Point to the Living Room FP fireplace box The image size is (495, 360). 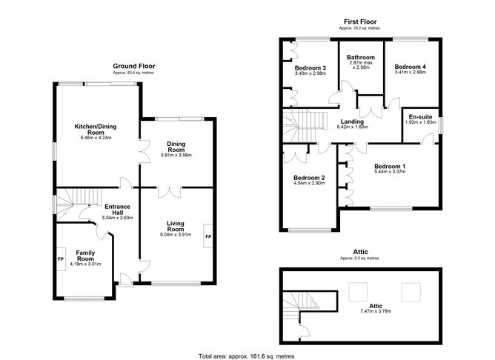tap(208, 236)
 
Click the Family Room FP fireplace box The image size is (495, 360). tap(60, 259)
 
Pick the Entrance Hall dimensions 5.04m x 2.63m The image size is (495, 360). tap(119, 219)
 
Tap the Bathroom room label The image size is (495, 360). tap(361, 57)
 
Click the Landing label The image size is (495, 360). tap(351, 122)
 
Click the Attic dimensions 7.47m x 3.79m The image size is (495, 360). tap(376, 310)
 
